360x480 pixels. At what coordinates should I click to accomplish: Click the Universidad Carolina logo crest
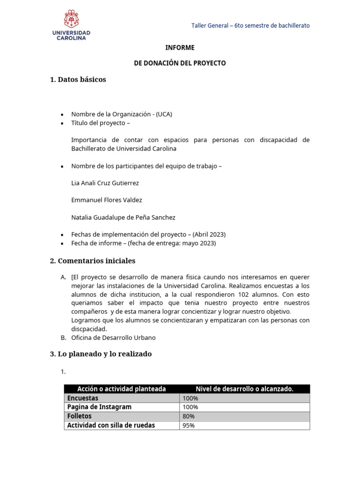(71, 19)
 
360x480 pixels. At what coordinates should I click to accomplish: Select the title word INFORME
(180, 48)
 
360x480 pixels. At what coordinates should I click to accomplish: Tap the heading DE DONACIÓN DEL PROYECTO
(180, 63)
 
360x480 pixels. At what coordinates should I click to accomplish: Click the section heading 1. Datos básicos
(78, 80)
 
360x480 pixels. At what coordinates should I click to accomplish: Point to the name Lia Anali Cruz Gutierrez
(105, 183)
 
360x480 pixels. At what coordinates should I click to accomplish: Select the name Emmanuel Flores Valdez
(106, 200)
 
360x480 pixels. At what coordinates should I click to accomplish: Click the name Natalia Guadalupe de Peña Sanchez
(123, 217)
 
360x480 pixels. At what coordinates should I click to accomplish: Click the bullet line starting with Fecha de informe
(143, 243)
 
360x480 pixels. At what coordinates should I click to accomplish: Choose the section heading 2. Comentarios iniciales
(92, 261)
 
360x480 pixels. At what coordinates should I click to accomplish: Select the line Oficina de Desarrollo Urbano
(113, 337)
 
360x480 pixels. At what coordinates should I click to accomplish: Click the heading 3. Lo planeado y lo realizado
(101, 354)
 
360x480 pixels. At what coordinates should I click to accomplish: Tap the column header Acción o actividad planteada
(121, 389)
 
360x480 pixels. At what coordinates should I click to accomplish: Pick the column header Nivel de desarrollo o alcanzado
(245, 389)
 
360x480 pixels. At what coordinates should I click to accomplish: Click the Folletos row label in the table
(80, 416)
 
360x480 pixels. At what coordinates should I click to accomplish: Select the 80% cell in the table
(189, 416)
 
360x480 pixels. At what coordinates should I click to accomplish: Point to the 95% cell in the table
(189, 426)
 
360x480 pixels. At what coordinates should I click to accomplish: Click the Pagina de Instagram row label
(99, 407)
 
